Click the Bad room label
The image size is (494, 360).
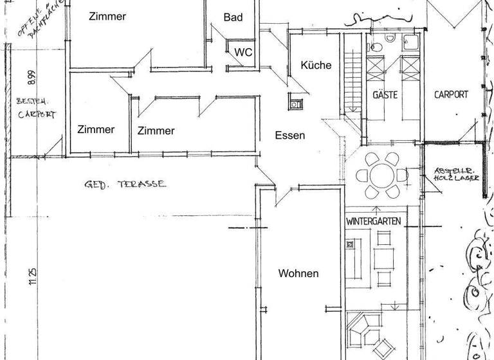233,17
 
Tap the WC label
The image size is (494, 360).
242,52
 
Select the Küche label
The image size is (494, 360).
316,65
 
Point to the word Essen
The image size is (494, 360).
289,135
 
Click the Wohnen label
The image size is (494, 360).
298,273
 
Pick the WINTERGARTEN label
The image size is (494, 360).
374,221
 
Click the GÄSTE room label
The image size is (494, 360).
385,94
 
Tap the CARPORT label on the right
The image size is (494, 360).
451,94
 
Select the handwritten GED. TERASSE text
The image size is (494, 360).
125,184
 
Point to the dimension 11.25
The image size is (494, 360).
32,276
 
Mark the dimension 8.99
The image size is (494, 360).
32,77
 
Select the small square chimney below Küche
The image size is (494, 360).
296,103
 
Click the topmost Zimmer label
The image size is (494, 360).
107,17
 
